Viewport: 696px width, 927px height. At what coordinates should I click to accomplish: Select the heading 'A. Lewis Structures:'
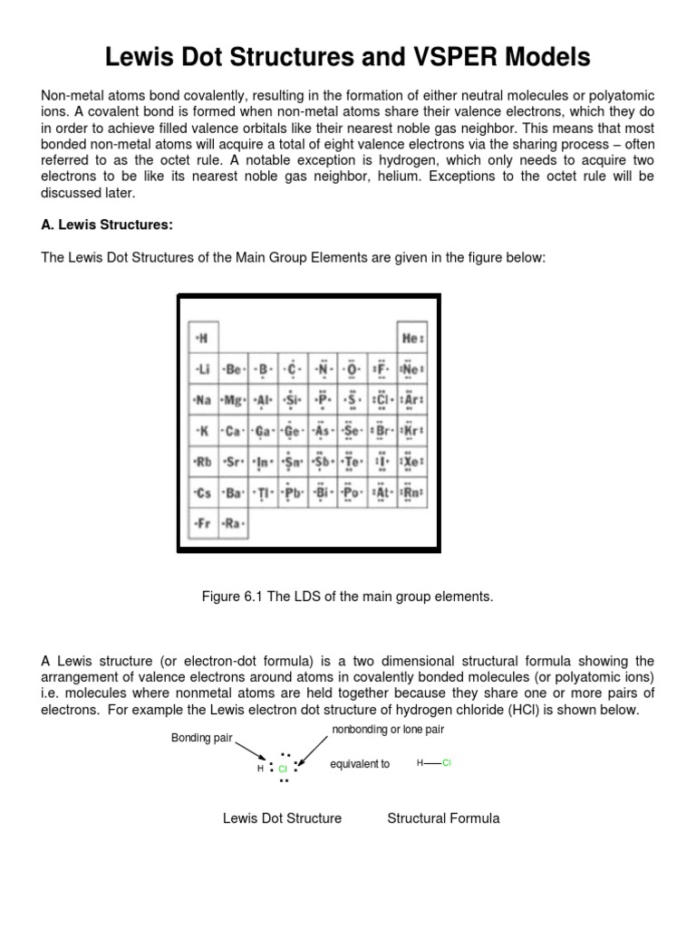(101, 225)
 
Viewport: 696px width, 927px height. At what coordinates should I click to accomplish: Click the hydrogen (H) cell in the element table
(202, 338)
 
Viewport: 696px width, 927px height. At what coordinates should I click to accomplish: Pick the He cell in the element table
(412, 338)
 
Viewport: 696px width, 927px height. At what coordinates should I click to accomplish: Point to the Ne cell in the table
(412, 368)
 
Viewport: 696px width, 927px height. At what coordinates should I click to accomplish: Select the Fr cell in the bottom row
(202, 523)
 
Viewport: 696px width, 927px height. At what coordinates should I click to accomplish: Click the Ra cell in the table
(233, 523)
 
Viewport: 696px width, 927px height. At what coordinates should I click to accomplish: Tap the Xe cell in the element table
(412, 462)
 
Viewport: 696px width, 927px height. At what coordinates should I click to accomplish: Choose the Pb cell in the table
(293, 493)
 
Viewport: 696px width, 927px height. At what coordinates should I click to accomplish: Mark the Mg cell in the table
(233, 399)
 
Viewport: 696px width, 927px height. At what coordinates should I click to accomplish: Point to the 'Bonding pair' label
(202, 739)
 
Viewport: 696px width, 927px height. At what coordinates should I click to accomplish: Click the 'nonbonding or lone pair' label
(389, 730)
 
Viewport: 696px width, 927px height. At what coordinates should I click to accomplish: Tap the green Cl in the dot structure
(283, 768)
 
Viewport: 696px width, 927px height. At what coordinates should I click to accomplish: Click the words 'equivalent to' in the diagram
(360, 764)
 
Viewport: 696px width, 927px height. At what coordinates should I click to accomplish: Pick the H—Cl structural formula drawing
(433, 763)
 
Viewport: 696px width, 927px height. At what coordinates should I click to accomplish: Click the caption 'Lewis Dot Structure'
(282, 818)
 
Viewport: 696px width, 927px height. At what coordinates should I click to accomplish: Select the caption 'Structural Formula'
(443, 818)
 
